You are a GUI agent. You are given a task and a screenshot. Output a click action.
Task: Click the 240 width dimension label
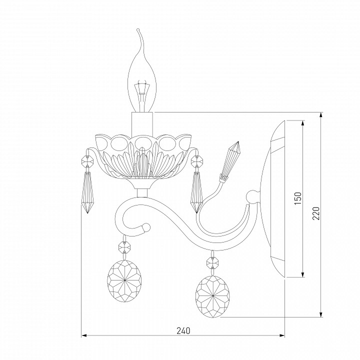183,331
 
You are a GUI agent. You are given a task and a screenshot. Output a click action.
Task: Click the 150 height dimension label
297,198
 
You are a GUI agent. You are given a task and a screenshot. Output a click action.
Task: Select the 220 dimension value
316,213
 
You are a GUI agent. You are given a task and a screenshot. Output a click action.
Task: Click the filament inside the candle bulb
142,92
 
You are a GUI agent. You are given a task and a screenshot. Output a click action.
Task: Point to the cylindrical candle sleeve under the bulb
142,124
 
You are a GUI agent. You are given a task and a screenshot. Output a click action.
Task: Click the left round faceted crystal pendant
124,281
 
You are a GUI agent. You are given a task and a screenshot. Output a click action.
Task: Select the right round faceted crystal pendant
212,296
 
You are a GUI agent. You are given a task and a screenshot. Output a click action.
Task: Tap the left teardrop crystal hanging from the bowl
87,192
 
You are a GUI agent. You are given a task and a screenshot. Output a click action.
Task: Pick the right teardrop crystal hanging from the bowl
196,192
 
